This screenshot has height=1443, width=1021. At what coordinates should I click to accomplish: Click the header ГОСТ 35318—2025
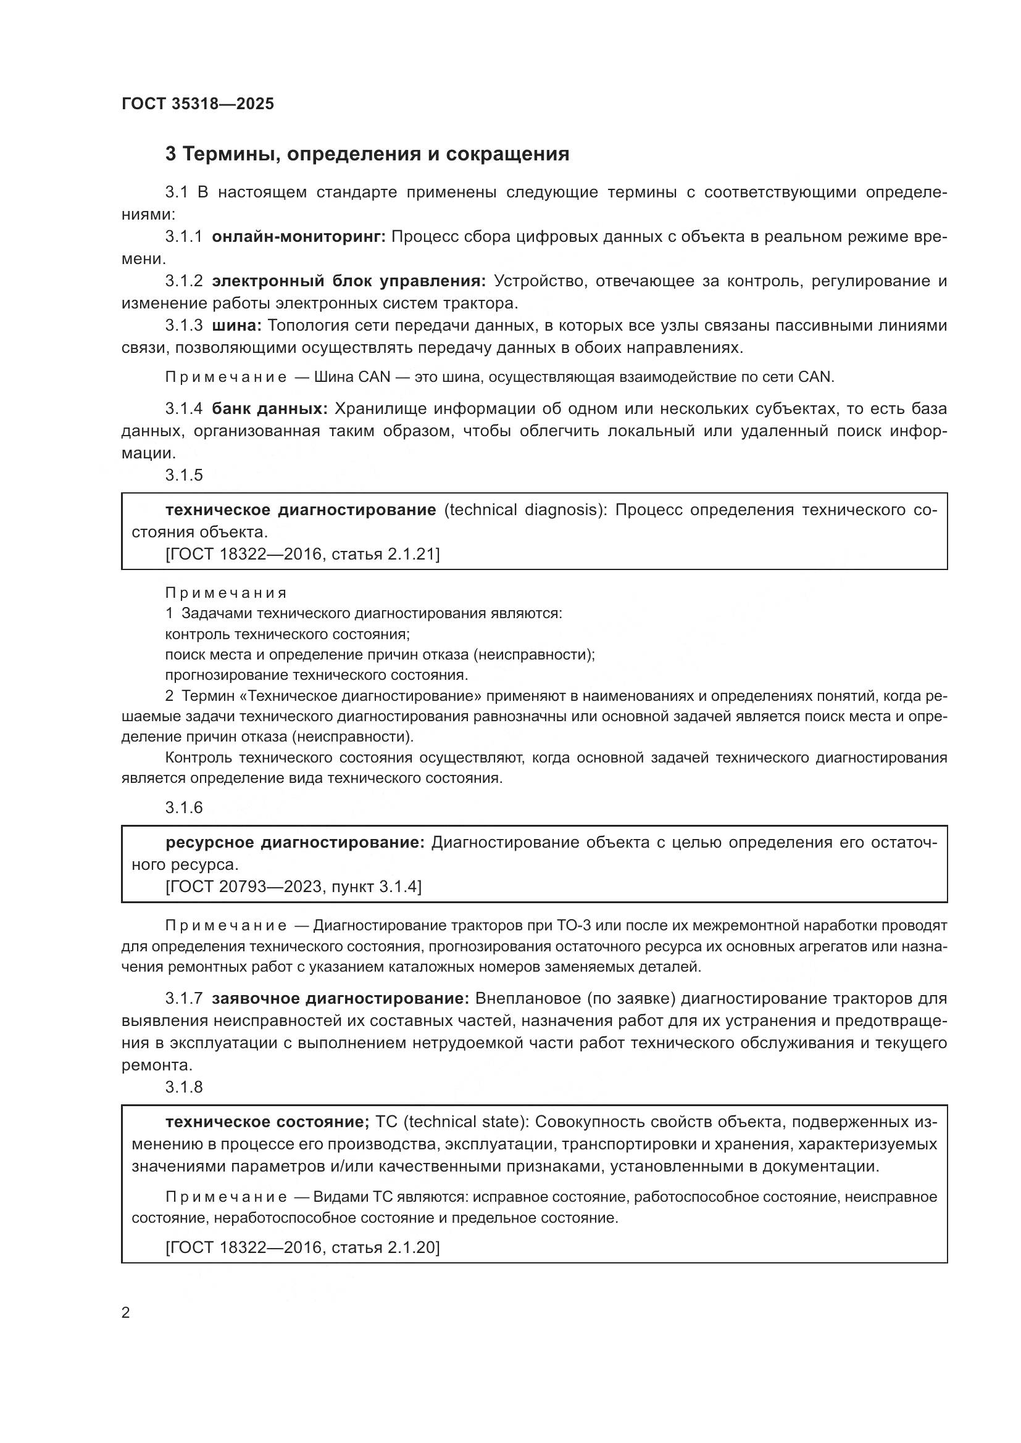tap(198, 104)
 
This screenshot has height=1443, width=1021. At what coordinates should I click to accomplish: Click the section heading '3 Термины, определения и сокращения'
tap(367, 154)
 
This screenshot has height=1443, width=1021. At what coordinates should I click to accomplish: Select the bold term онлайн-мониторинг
tap(299, 237)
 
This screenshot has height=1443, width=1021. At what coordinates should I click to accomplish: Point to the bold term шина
tap(236, 326)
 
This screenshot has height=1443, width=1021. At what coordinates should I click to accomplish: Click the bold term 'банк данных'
tap(270, 408)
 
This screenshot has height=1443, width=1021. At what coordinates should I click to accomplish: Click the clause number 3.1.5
tap(184, 475)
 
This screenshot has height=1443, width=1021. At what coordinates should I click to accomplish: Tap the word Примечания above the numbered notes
tap(226, 593)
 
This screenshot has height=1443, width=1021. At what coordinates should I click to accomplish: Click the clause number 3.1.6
tap(184, 808)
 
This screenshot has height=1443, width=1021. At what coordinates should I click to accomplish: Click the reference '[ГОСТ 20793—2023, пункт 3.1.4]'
tap(294, 886)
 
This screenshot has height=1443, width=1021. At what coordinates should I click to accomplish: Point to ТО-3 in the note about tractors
tap(574, 926)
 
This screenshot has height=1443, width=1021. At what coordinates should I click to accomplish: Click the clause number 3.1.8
tap(184, 1087)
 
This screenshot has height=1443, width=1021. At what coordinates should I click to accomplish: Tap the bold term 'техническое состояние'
tap(267, 1122)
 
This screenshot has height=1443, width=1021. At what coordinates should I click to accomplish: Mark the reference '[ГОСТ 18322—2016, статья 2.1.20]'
tap(302, 1247)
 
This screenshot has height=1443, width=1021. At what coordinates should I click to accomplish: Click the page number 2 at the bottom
tap(126, 1313)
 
